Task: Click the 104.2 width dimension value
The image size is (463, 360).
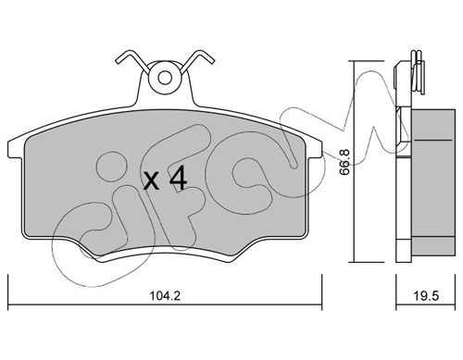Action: (x=165, y=296)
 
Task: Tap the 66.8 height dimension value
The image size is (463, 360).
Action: (x=344, y=162)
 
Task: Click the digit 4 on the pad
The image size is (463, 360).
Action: (x=179, y=178)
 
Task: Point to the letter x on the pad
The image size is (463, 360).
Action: (x=152, y=182)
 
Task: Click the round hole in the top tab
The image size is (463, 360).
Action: (x=165, y=78)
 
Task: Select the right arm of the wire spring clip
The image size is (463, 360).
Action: (x=197, y=61)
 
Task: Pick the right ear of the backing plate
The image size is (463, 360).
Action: (x=315, y=148)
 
